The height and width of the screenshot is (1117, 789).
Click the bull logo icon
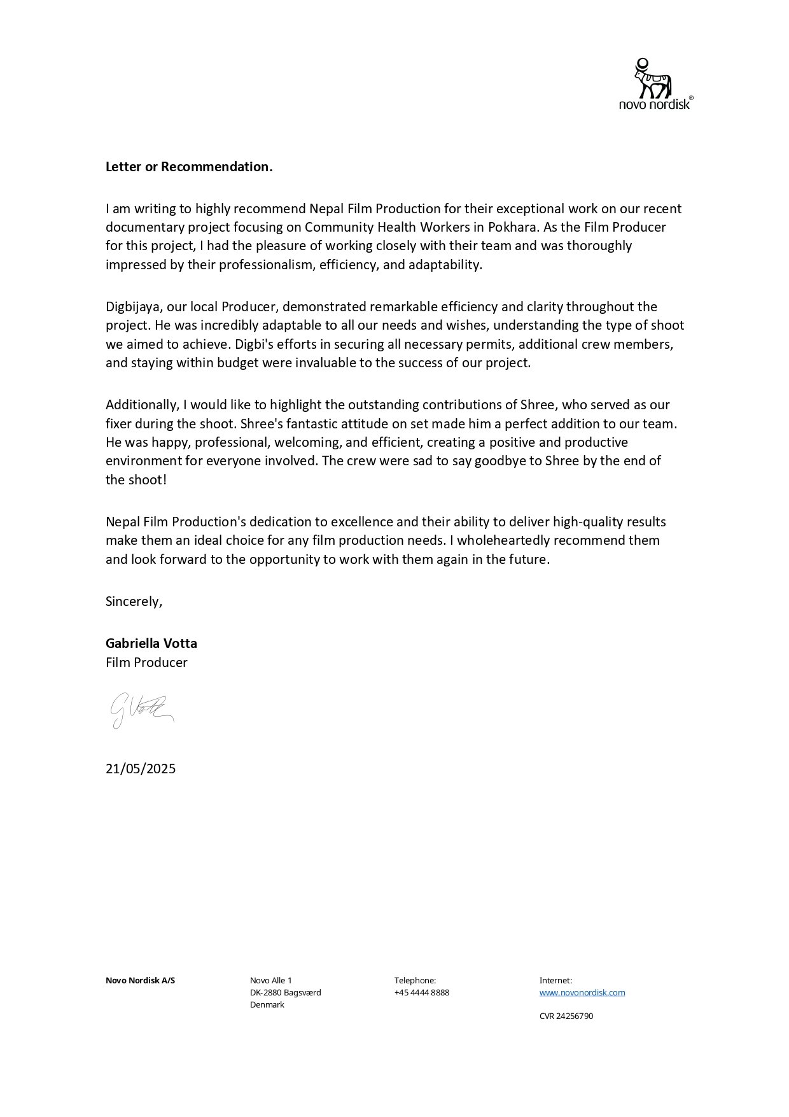pyautogui.click(x=652, y=78)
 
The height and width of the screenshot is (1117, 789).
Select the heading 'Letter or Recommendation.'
pyautogui.click(x=189, y=167)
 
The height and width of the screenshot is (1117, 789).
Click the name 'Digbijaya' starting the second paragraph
pyautogui.click(x=133, y=307)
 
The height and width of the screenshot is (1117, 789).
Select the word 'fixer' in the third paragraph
pyautogui.click(x=119, y=424)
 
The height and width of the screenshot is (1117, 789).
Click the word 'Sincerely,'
pyautogui.click(x=134, y=601)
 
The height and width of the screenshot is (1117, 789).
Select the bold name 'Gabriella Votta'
pyautogui.click(x=151, y=643)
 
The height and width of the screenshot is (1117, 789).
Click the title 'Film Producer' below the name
pyautogui.click(x=146, y=663)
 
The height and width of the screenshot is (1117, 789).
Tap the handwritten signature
pyautogui.click(x=141, y=710)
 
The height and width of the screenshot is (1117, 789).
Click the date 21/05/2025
pyautogui.click(x=141, y=769)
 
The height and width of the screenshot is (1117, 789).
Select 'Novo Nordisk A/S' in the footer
pyautogui.click(x=140, y=981)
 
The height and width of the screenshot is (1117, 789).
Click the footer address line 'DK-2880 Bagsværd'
pyautogui.click(x=285, y=993)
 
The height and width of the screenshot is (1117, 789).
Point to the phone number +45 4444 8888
pyautogui.click(x=421, y=993)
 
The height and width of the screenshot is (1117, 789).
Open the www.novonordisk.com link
pyautogui.click(x=582, y=993)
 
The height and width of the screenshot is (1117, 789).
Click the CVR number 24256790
pyautogui.click(x=566, y=1016)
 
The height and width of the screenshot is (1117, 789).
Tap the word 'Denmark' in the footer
pyautogui.click(x=267, y=1005)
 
